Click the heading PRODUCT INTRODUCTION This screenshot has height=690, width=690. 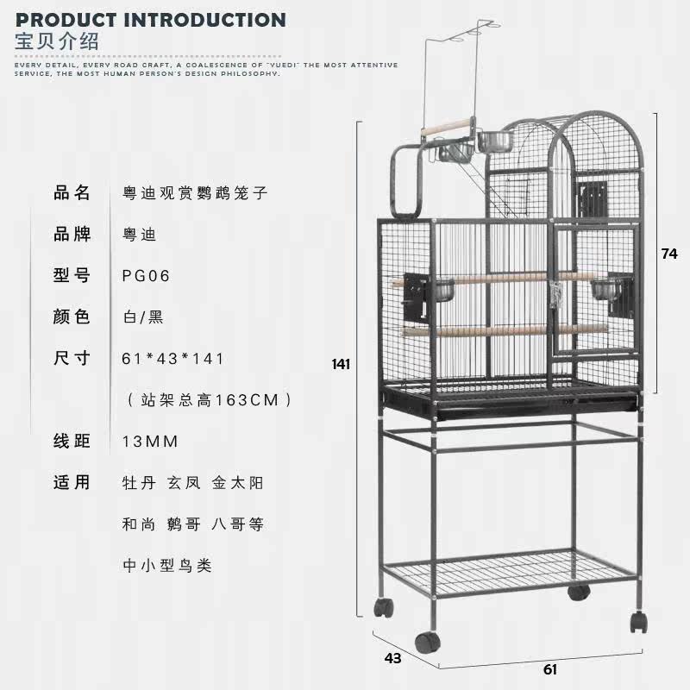(151, 19)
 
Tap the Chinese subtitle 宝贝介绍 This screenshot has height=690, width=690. (58, 41)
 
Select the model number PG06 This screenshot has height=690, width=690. (147, 276)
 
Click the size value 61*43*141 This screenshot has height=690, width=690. (173, 359)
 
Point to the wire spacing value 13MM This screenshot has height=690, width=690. (150, 442)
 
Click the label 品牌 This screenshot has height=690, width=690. (72, 235)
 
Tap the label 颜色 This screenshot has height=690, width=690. (72, 317)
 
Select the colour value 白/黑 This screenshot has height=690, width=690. (143, 317)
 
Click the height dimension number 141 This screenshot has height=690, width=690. (342, 364)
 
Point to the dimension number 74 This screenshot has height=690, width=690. (669, 254)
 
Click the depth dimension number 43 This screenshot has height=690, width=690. (393, 658)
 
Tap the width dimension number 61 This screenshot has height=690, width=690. (550, 669)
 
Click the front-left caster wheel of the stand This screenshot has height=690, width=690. (425, 642)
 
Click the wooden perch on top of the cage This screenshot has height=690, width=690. (448, 128)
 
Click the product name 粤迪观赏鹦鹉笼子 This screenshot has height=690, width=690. (195, 193)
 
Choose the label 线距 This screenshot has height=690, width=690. (72, 442)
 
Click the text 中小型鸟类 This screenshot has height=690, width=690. (167, 566)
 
